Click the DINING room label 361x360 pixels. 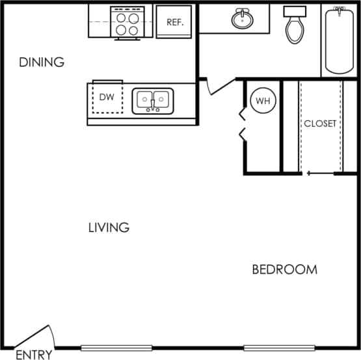pyautogui.click(x=42, y=62)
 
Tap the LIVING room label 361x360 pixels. pyautogui.click(x=109, y=227)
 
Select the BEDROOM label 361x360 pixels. pyautogui.click(x=284, y=269)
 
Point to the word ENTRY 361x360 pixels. pyautogui.click(x=34, y=355)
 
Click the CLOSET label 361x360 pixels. pyautogui.click(x=320, y=123)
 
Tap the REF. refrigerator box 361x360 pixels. pyautogui.click(x=174, y=21)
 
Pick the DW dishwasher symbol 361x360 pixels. pyautogui.click(x=107, y=97)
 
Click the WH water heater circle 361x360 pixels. pyautogui.click(x=262, y=101)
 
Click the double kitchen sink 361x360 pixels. pyautogui.click(x=153, y=101)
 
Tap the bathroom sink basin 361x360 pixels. pyautogui.click(x=242, y=19)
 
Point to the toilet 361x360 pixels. pyautogui.click(x=295, y=26)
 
